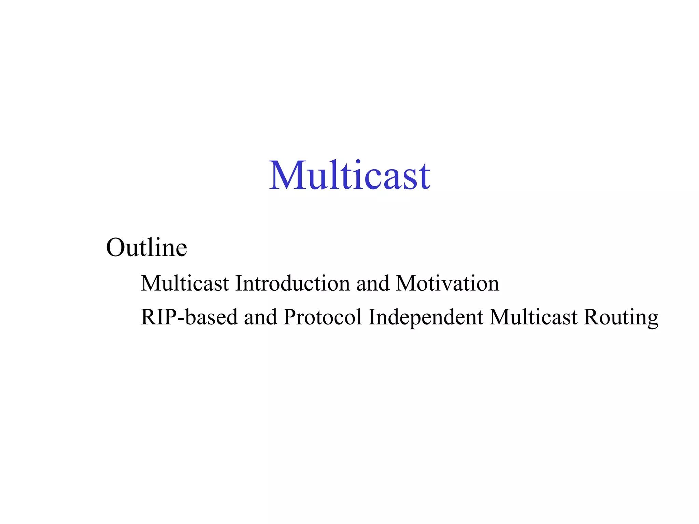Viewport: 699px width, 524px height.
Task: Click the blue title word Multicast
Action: pos(349,175)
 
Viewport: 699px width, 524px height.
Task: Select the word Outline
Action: pos(147,247)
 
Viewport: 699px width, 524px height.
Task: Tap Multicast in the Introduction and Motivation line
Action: pos(185,283)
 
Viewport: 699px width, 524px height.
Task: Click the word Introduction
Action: pos(293,283)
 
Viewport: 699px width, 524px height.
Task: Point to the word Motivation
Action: pos(447,283)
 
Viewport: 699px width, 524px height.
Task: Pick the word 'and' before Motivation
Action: pos(373,283)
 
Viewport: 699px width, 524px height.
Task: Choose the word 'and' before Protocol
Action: pos(260,317)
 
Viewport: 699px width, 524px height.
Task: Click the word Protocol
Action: pos(323,317)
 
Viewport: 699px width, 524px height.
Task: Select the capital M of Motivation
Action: pos(406,283)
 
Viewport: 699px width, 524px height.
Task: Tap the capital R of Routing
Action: pos(591,317)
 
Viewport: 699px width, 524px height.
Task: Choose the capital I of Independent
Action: pos(372,317)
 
